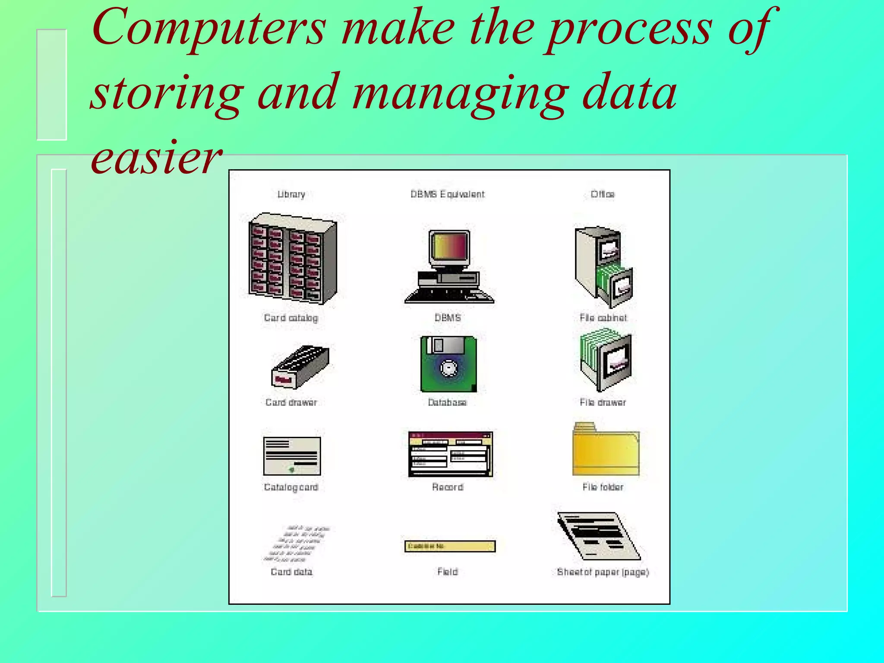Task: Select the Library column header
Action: [291, 194]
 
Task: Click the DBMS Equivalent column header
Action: [448, 194]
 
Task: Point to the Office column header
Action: [603, 194]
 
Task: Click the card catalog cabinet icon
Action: [292, 259]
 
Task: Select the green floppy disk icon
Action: [448, 364]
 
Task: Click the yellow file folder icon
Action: [606, 450]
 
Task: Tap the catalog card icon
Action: [292, 456]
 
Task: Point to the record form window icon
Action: [450, 454]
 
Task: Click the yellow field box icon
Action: [450, 546]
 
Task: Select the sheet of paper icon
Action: [599, 536]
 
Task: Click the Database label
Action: [447, 402]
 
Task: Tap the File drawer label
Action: [603, 402]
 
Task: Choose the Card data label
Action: [291, 572]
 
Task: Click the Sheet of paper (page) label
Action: [603, 572]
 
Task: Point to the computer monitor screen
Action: [449, 246]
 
